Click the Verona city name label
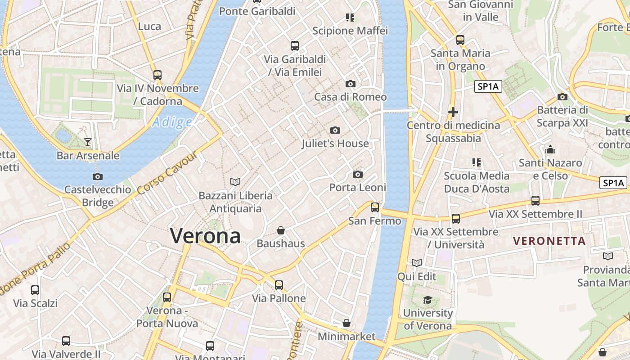tap(205, 236)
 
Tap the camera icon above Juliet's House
tap(335, 130)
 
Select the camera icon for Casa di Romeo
tap(351, 84)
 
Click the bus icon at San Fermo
tap(375, 207)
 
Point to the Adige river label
tap(172, 122)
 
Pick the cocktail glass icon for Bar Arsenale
tap(88, 142)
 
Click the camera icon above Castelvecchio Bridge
tap(98, 176)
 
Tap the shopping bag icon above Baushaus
tap(281, 230)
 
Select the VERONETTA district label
tap(549, 241)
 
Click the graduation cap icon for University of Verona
tap(427, 300)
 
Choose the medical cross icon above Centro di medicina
tap(453, 112)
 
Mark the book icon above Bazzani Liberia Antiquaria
tap(235, 182)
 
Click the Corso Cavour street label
tap(167, 173)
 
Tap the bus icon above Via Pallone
tap(279, 285)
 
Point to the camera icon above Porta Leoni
tap(358, 174)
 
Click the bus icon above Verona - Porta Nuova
tap(167, 297)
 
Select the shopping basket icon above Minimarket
tap(346, 323)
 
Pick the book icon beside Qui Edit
tap(417, 263)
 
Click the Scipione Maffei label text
tap(350, 31)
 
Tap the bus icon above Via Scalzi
tap(35, 290)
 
